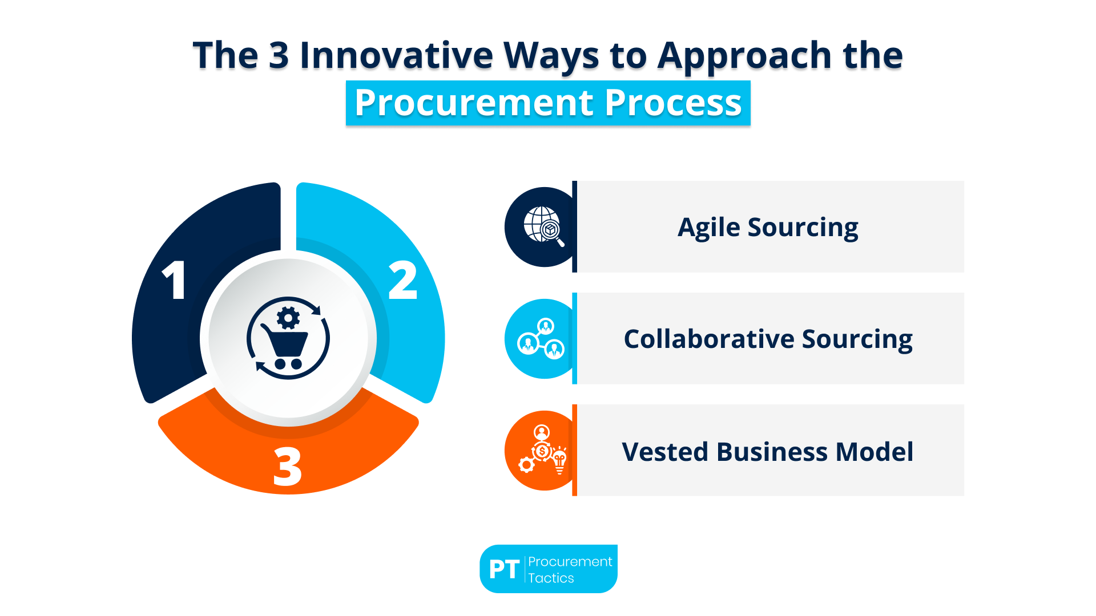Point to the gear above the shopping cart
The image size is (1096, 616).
tap(288, 318)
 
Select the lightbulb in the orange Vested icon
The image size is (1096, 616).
tap(559, 461)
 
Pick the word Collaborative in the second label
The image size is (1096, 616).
tap(708, 339)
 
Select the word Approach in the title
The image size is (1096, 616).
tap(744, 56)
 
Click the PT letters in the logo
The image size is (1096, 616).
tap(504, 569)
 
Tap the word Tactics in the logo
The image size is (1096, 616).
tap(551, 578)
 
